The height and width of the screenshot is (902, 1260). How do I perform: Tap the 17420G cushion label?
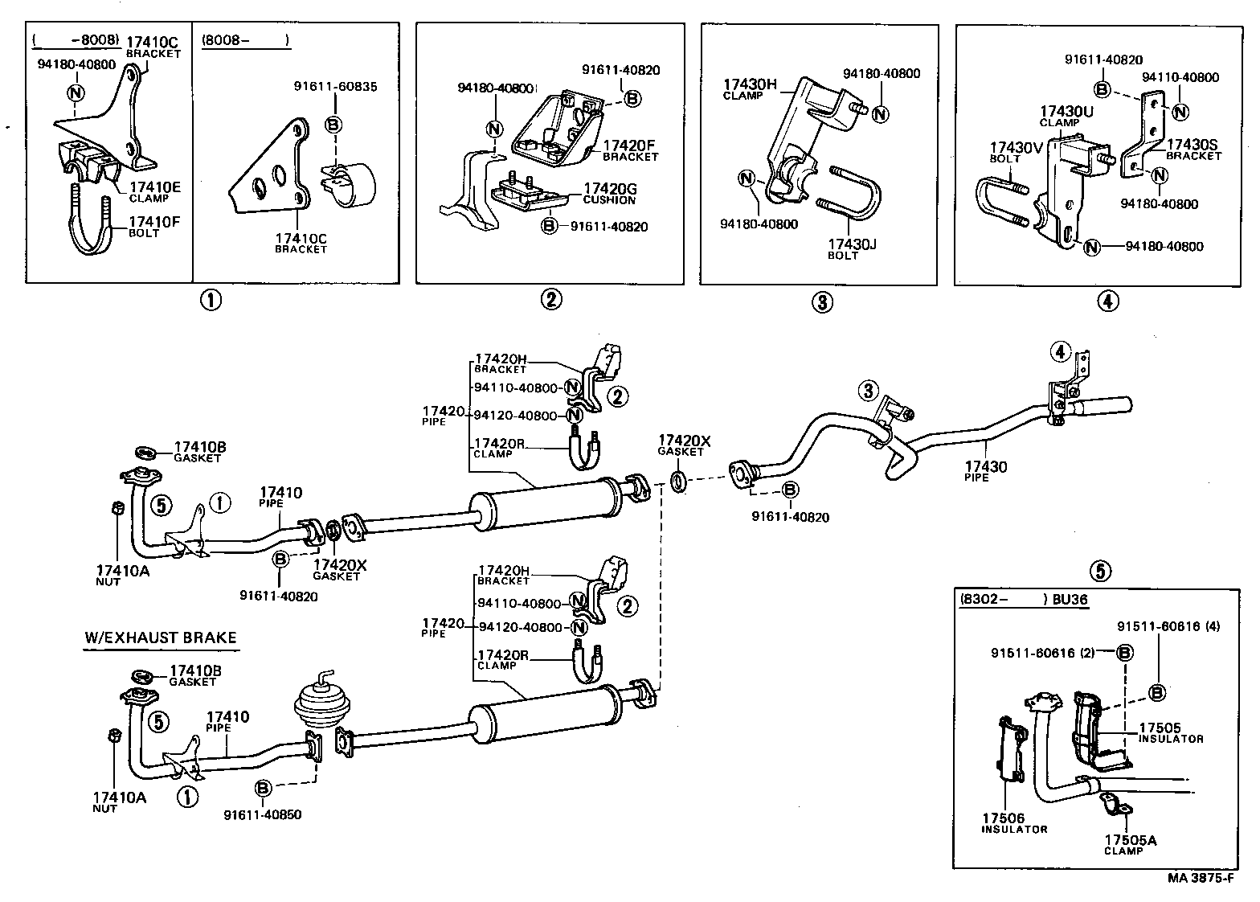pyautogui.click(x=609, y=193)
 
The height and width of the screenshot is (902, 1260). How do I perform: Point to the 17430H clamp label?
pyautogui.click(x=750, y=88)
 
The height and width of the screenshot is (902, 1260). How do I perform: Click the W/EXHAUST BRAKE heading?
pyautogui.click(x=161, y=638)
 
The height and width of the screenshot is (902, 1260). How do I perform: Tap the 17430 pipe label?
pyautogui.click(x=986, y=470)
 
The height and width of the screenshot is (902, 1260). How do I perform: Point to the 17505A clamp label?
pyautogui.click(x=1130, y=844)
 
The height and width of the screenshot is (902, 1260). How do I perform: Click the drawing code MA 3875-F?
pyautogui.click(x=1201, y=878)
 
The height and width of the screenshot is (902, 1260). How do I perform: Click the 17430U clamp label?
pyautogui.click(x=1066, y=116)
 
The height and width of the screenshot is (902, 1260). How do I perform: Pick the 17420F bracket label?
pyautogui.click(x=630, y=150)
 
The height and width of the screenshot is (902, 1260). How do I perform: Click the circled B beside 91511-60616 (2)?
pyautogui.click(x=1125, y=653)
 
